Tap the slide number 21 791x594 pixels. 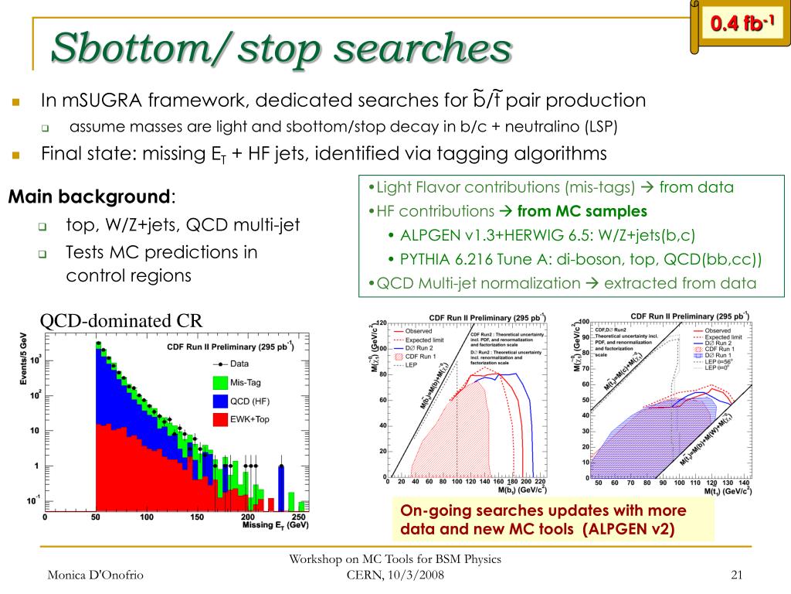coord(736,574)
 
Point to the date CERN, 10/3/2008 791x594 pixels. coord(395,574)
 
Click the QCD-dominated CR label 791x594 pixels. coord(121,320)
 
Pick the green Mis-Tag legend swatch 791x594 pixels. coord(220,382)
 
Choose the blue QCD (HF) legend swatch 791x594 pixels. coord(220,401)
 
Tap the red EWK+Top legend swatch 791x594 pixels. coord(220,419)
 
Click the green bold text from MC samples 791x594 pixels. coord(582,211)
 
